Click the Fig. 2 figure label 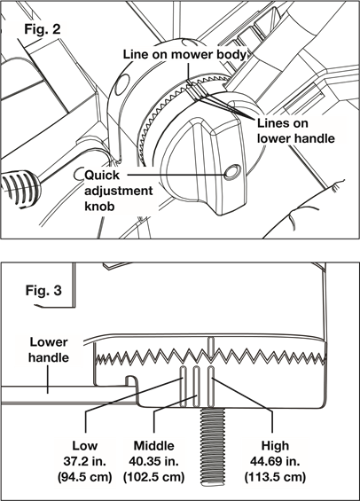(x=43, y=29)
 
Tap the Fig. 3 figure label (x=43, y=291)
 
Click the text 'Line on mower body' (x=185, y=54)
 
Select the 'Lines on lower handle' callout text (x=296, y=130)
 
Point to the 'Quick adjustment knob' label (x=118, y=191)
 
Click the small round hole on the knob (x=232, y=173)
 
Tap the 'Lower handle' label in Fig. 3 (x=49, y=349)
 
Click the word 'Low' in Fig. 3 (x=84, y=445)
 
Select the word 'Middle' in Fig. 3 (x=153, y=445)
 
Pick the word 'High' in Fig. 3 (x=275, y=445)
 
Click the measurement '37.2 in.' (x=84, y=461)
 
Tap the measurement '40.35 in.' (x=153, y=461)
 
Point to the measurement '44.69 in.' (x=275, y=461)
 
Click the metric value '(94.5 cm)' (x=84, y=477)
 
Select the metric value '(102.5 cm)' (x=153, y=477)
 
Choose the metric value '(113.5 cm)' (x=275, y=477)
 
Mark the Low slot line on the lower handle (x=184, y=387)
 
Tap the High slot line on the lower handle (x=211, y=387)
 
